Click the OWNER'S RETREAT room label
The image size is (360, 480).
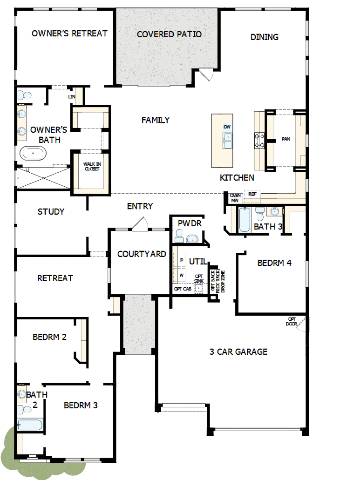69,34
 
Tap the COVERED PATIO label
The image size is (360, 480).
169,34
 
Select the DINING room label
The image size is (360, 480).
265,37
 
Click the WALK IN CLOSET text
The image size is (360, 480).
91,166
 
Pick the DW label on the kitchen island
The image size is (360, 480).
227,127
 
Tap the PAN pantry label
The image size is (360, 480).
285,139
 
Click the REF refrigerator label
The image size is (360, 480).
252,194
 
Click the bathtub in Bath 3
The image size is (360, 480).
245,220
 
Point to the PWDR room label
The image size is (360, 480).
190,223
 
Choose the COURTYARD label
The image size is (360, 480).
142,254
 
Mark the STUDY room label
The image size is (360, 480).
51,212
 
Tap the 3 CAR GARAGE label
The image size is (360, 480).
238,352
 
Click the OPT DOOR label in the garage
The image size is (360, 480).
292,321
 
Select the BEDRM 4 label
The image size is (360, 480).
274,263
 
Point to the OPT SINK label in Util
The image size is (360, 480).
199,278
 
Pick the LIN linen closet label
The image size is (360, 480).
72,97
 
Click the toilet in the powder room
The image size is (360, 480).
179,237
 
